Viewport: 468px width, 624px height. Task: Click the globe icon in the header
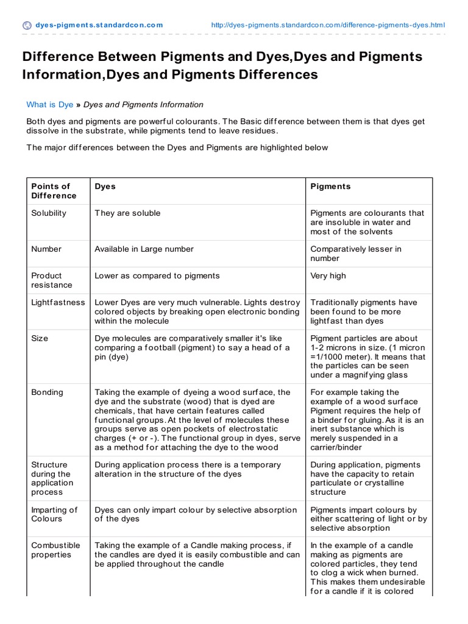click(x=27, y=25)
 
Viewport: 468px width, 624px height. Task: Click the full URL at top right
click(x=327, y=25)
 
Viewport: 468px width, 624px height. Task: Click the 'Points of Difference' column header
click(x=54, y=191)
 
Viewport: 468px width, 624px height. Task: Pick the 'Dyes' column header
click(x=105, y=186)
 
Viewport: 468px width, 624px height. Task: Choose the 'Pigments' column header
click(x=330, y=186)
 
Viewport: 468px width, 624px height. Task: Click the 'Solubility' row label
click(x=49, y=213)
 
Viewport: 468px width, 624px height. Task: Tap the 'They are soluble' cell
click(x=127, y=213)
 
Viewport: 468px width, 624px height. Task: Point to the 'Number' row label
click(x=46, y=249)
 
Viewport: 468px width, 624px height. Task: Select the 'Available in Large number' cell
click(x=144, y=249)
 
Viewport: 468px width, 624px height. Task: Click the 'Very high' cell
click(x=328, y=276)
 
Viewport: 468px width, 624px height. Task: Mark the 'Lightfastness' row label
click(x=58, y=302)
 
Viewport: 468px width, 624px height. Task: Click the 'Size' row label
click(x=40, y=338)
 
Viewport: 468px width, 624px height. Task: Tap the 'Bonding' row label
click(x=47, y=392)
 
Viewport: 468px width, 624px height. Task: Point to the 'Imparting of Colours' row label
click(x=54, y=514)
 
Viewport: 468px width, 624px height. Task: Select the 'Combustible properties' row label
click(x=55, y=550)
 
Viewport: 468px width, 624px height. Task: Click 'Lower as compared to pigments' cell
click(x=157, y=276)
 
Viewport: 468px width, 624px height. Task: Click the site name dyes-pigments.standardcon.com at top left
click(x=99, y=25)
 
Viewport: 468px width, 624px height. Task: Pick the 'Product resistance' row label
click(x=51, y=280)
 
